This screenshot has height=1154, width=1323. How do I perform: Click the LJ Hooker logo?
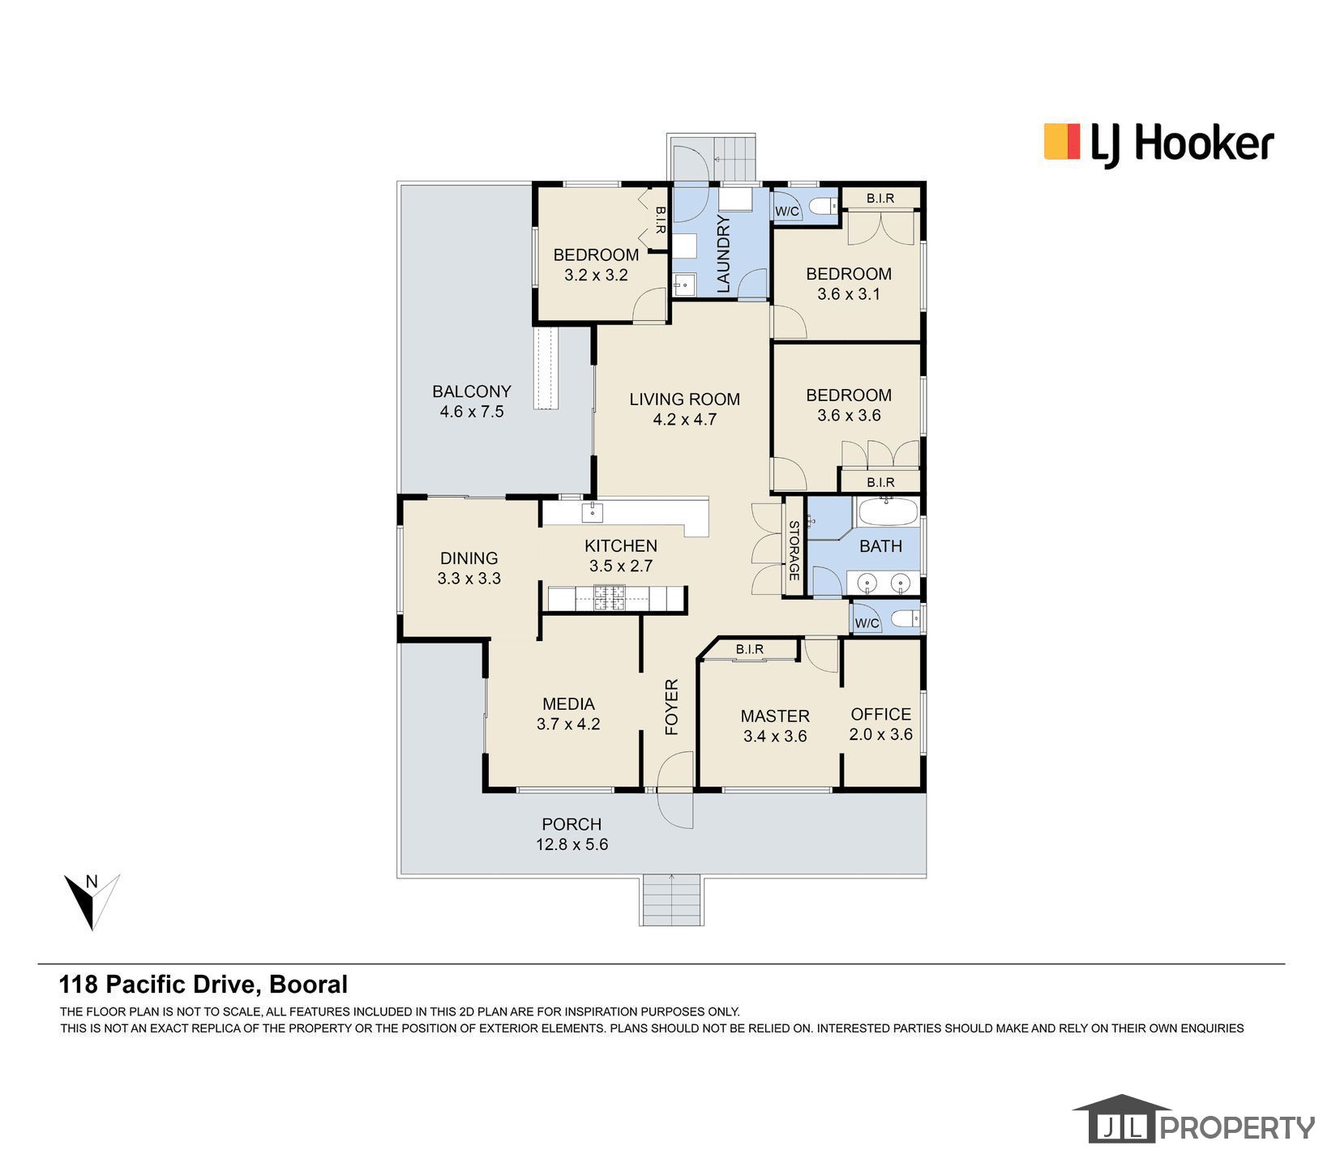[1158, 145]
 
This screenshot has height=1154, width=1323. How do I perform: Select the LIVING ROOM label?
[684, 408]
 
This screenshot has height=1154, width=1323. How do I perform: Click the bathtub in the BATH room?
[888, 513]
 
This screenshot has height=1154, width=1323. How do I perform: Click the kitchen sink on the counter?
[593, 511]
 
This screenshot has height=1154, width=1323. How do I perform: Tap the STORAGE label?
[794, 550]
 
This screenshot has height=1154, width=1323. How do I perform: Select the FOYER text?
[671, 707]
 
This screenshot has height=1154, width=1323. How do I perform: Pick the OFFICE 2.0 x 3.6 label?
[880, 724]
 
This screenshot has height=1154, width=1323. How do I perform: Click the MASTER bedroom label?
[774, 725]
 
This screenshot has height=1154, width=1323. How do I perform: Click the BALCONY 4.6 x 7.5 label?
[471, 401]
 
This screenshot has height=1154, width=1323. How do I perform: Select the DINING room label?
[469, 567]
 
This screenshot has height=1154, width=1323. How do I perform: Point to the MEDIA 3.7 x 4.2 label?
[567, 713]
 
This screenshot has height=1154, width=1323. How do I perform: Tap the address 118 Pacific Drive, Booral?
[203, 984]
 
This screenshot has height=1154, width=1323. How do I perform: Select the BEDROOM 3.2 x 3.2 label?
[596, 264]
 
